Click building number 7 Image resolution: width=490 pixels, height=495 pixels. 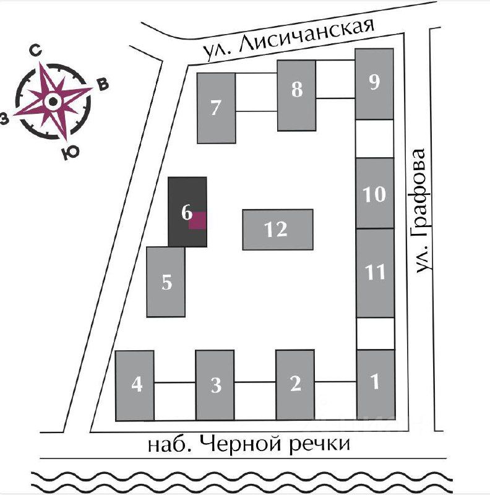pyautogui.click(x=216, y=108)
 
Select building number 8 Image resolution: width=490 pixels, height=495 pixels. pyautogui.click(x=297, y=95)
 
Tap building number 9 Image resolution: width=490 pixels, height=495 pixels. pyautogui.click(x=374, y=84)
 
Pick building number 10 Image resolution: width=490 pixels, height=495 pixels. pyautogui.click(x=375, y=193)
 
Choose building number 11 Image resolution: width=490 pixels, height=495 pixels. pyautogui.click(x=376, y=272)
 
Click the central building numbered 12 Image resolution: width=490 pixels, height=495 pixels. pyautogui.click(x=277, y=230)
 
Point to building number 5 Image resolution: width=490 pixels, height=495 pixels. pyautogui.click(x=166, y=282)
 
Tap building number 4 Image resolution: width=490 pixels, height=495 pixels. pyautogui.click(x=135, y=385)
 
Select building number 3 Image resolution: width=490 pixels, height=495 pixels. pyautogui.click(x=215, y=385)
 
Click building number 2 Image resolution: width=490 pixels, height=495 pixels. pyautogui.click(x=295, y=384)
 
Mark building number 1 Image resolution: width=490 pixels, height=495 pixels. pyautogui.click(x=376, y=384)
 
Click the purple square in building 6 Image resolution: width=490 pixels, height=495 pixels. pyautogui.click(x=197, y=220)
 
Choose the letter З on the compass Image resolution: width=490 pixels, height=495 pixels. pyautogui.click(x=6, y=119)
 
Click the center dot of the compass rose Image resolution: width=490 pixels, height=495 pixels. pyautogui.click(x=53, y=101)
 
